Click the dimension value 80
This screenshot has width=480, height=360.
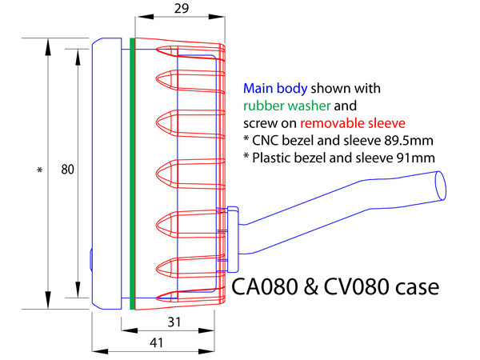point(67,170)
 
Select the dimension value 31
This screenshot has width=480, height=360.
point(173,322)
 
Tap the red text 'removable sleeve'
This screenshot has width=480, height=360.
point(354,122)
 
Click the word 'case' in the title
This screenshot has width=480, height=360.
point(415,286)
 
